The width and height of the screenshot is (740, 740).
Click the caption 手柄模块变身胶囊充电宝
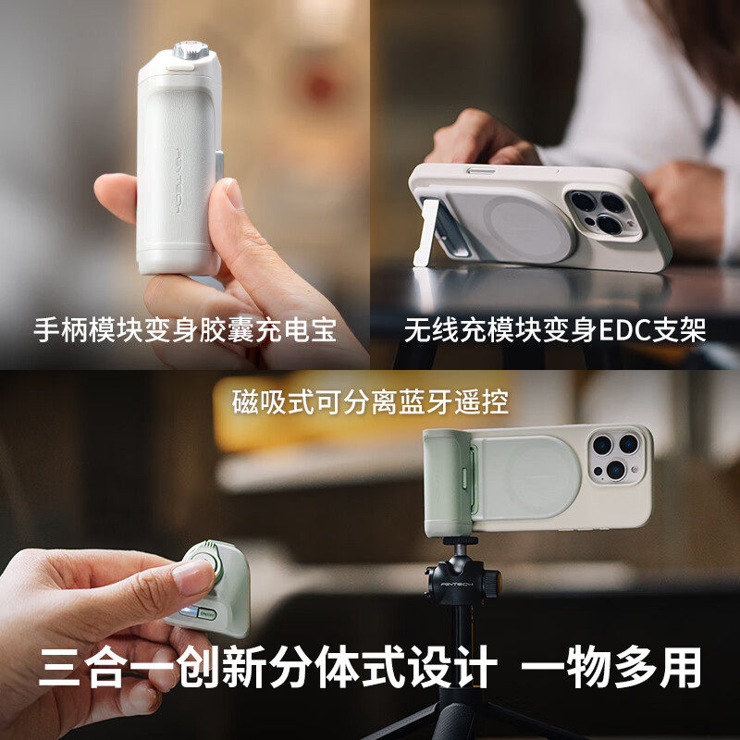pos(185,330)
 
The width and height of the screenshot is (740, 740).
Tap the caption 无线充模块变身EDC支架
pos(554,330)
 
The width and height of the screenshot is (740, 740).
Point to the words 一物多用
pos(631,668)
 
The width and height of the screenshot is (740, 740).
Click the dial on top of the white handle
pos(190,51)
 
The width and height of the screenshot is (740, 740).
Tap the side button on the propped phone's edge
pos(479,170)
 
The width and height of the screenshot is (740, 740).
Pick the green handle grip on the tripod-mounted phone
pos(448,481)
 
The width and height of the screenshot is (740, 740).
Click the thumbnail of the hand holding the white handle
pos(234,193)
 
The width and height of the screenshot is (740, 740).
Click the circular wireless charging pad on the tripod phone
pos(527,476)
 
